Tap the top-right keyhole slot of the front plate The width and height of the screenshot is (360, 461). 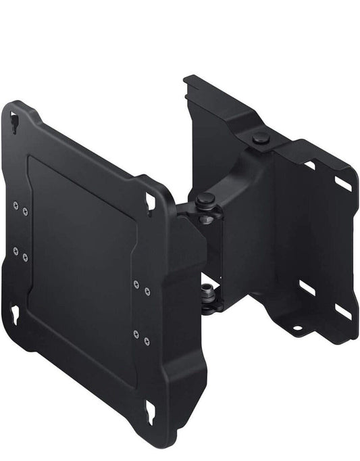(x=151, y=201)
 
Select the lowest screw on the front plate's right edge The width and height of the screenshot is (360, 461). (x=147, y=337)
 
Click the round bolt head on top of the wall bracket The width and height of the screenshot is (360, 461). (x=261, y=138)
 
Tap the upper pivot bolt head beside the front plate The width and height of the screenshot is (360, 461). (x=206, y=199)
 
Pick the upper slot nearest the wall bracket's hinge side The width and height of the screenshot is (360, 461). (x=310, y=164)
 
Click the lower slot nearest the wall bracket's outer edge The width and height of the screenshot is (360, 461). (x=342, y=310)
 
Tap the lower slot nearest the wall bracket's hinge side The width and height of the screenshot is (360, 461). (x=307, y=288)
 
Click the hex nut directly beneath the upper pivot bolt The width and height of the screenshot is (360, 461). (x=207, y=218)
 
